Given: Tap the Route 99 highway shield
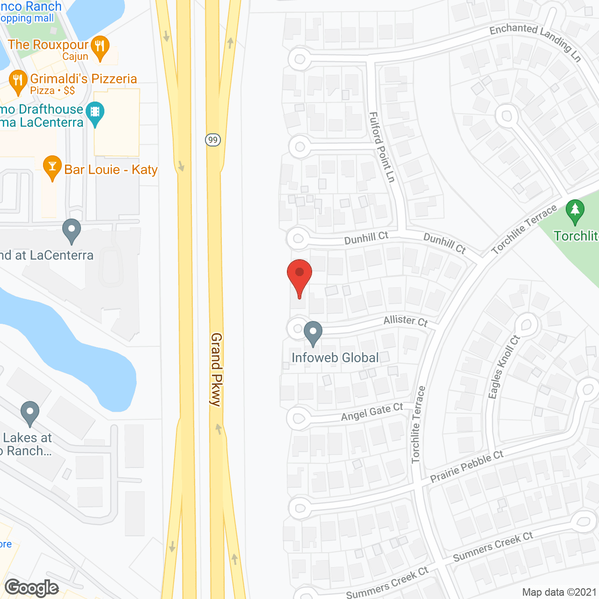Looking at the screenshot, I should [x=213, y=139].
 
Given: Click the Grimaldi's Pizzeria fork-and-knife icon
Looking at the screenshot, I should [x=17, y=81].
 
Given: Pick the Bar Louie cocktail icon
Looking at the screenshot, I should [x=52, y=167].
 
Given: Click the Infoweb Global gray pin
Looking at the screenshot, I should [x=313, y=333].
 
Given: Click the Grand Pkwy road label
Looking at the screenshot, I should [x=216, y=369].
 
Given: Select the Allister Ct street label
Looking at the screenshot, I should [x=406, y=321].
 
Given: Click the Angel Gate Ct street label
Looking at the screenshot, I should [x=372, y=412].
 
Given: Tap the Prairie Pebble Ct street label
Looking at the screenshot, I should [x=467, y=466].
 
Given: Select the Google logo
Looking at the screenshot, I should [x=32, y=588].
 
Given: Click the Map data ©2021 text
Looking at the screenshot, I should [x=559, y=592].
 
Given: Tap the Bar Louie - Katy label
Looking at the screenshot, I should [x=111, y=169].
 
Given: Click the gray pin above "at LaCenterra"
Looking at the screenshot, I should [x=71, y=231].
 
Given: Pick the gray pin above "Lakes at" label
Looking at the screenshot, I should [x=30, y=413].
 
